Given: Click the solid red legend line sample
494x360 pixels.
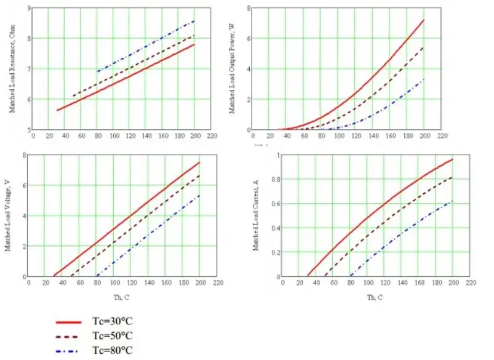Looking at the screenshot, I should (x=69, y=322).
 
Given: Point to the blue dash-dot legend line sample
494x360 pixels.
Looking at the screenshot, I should (x=69, y=351).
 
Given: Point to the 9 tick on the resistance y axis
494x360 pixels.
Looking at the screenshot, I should (x=27, y=8).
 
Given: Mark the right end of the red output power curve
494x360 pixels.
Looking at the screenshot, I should (x=424, y=20).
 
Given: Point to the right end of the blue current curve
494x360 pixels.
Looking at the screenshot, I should (x=453, y=201).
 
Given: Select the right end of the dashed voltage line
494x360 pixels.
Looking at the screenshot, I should (x=200, y=175).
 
